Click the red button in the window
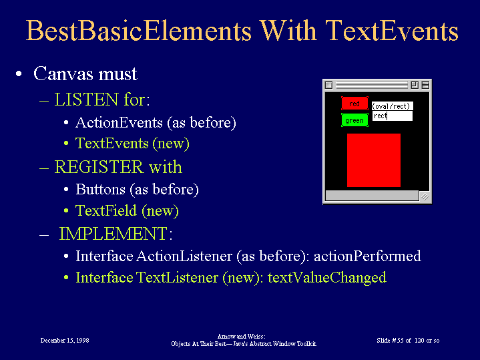pos(354,104)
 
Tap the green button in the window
pos(354,120)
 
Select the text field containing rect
pos(393,116)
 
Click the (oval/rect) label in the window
pos(393,106)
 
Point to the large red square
pos(374,160)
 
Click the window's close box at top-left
pos(328,85)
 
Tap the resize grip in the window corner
pos(425,196)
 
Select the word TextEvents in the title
pos(392,31)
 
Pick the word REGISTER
pos(99,167)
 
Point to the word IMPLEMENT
pos(113,234)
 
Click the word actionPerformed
pos(367,256)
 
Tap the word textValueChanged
pos(327,278)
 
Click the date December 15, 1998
pos(65,341)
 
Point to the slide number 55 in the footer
pos(400,341)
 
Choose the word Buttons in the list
pos(100,189)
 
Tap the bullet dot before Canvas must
pos(19,74)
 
